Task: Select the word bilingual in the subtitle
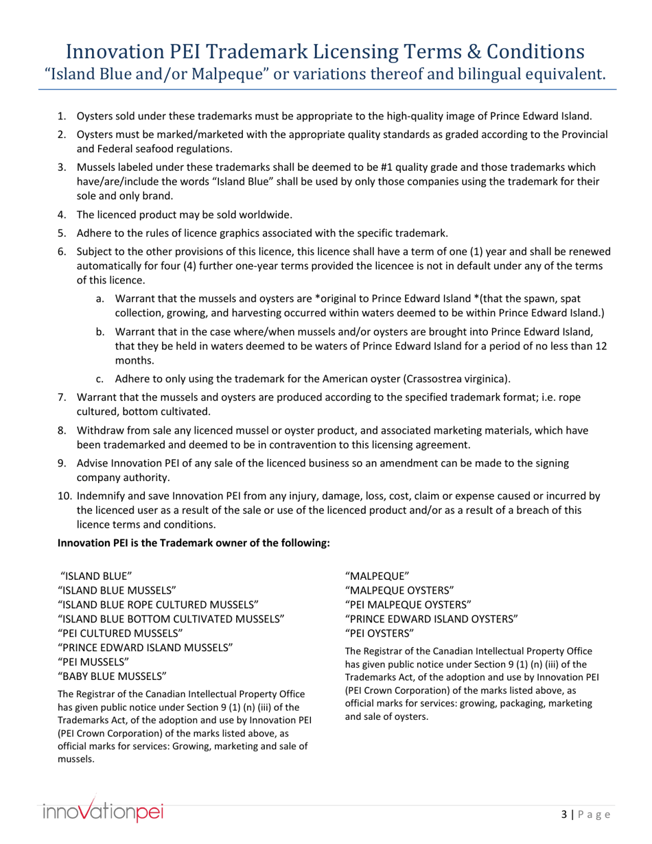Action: [461, 73]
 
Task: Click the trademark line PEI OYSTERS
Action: [380, 633]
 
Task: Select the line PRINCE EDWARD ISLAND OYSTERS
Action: [431, 618]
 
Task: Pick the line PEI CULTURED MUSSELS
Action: [121, 633]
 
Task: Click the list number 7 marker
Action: [61, 397]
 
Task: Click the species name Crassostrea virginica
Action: [456, 378]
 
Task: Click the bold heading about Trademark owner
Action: [194, 543]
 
